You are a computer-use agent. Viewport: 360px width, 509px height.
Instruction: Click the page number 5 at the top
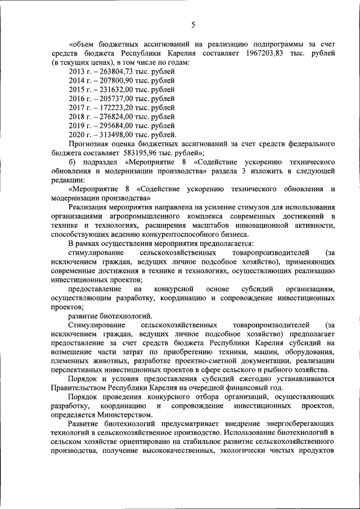(x=192, y=24)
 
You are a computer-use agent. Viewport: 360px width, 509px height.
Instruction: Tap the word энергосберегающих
(x=283, y=421)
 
